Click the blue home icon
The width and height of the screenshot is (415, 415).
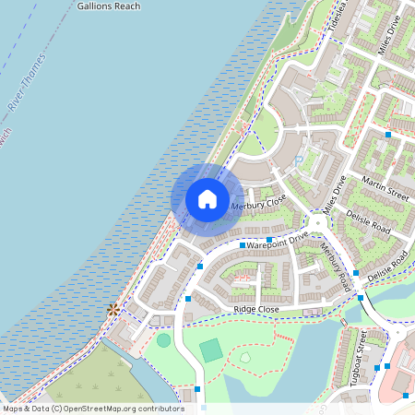point(207,198)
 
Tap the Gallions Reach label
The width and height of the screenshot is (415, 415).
point(110,6)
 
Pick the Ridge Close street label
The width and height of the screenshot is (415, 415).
point(256,309)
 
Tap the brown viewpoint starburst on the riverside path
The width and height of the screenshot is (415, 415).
point(113,310)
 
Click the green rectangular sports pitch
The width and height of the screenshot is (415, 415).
point(211,350)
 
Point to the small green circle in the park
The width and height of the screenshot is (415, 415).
point(163,340)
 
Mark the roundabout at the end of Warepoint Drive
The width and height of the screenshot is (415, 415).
point(319,223)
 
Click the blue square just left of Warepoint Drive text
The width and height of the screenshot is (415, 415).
point(242,245)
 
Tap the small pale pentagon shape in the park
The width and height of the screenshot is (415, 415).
point(246,357)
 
